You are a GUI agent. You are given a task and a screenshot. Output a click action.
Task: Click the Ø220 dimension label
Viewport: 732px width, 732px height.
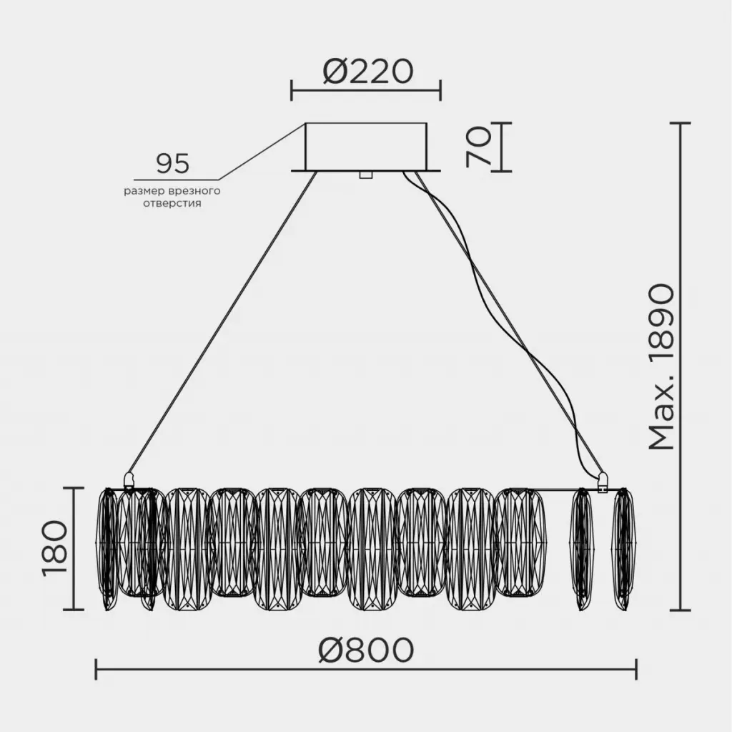pyautogui.click(x=368, y=72)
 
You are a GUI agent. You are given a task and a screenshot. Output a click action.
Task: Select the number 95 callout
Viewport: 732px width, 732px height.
pyautogui.click(x=172, y=164)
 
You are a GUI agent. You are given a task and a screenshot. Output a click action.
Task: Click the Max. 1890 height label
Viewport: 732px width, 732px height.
pyautogui.click(x=662, y=367)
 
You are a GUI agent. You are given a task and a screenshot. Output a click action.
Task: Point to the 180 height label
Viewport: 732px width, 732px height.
pyautogui.click(x=54, y=548)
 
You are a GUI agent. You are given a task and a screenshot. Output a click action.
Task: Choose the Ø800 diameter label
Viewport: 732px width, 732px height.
pyautogui.click(x=366, y=650)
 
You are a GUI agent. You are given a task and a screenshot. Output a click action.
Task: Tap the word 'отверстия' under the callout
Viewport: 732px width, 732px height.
pyautogui.click(x=172, y=204)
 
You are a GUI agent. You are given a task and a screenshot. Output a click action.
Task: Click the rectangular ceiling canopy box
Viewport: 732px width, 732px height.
pyautogui.click(x=366, y=147)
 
